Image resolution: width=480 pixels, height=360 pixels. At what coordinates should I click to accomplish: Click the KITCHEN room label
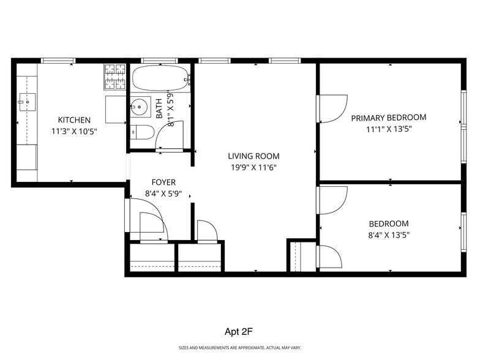tap(74, 120)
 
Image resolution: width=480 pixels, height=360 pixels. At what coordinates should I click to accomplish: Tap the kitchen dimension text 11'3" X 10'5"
tap(74, 131)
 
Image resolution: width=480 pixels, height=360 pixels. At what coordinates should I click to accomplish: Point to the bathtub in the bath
tap(160, 79)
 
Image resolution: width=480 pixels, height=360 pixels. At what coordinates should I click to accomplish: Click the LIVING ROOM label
tap(253, 156)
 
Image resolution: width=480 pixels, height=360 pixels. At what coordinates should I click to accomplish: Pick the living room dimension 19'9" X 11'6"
tap(253, 167)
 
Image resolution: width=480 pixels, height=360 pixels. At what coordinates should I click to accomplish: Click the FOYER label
tap(163, 182)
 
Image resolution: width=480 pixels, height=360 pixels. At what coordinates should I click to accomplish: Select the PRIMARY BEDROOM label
tap(388, 118)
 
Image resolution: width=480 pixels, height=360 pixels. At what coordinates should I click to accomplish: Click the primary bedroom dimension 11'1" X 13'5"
tap(388, 129)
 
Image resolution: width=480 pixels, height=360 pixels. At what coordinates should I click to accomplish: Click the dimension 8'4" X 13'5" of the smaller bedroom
tap(388, 235)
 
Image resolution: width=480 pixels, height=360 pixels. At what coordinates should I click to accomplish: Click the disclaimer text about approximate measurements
tap(239, 348)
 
